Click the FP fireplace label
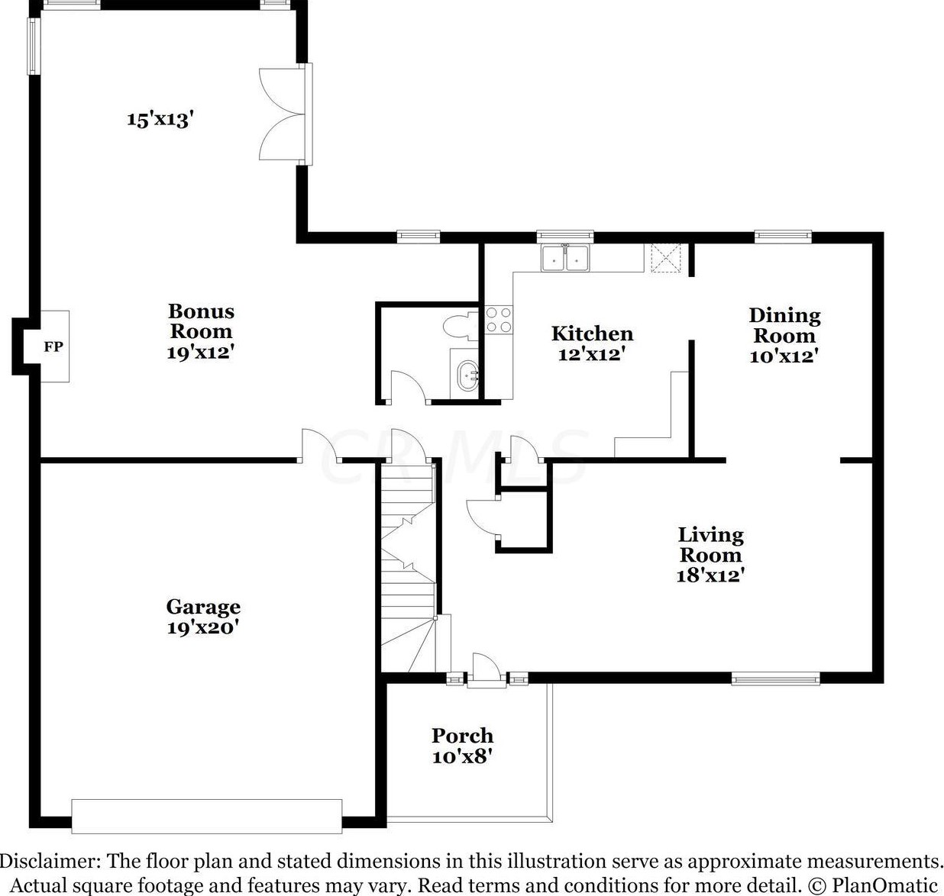point(53,346)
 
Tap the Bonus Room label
point(201,321)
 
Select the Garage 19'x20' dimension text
point(202,627)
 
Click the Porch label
point(462,735)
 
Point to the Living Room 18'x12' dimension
point(710,575)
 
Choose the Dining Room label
point(784,325)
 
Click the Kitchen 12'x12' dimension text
point(592,355)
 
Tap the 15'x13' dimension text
point(160,118)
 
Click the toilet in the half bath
point(461,327)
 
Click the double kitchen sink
point(565,258)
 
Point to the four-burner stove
point(499,320)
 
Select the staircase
point(408,567)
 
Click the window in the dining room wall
point(783,236)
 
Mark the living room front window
point(775,678)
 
